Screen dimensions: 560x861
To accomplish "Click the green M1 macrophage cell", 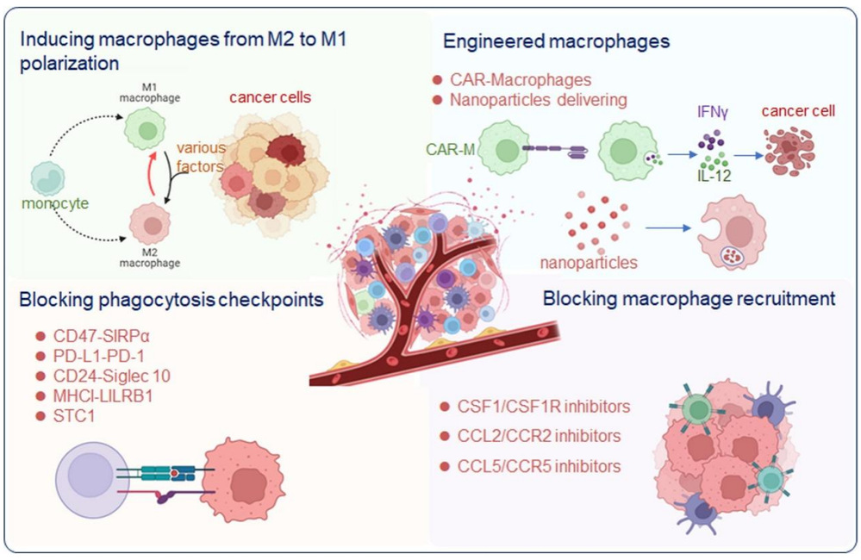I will pyautogui.click(x=144, y=133).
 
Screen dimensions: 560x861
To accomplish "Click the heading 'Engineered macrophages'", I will pyautogui.click(x=556, y=40).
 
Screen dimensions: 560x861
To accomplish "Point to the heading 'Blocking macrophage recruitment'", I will pyautogui.click(x=689, y=300).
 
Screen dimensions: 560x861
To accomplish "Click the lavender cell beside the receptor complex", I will pyautogui.click(x=94, y=476).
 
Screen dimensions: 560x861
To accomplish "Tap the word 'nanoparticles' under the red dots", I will pyautogui.click(x=589, y=262).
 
